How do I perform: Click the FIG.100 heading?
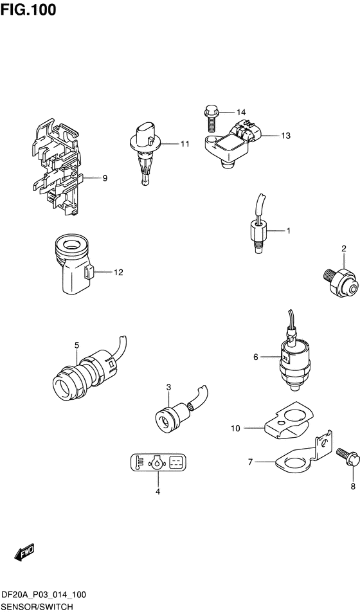click(x=28, y=10)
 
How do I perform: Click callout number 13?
click(x=285, y=136)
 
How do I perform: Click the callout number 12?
click(x=118, y=272)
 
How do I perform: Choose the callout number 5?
click(x=76, y=345)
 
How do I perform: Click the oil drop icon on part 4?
click(x=157, y=464)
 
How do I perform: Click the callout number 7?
click(x=251, y=462)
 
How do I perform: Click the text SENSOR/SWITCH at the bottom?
click(x=37, y=607)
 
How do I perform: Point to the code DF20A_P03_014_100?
click(x=44, y=595)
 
